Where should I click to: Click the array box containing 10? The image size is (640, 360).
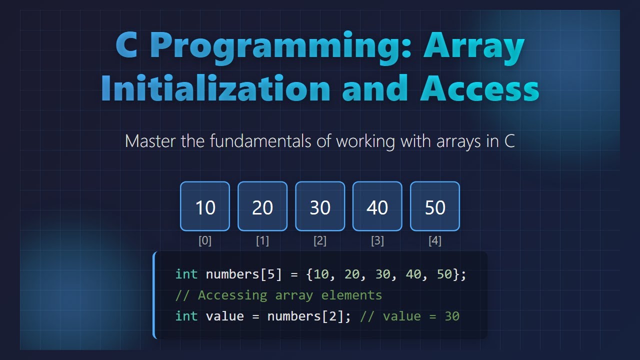click(x=205, y=206)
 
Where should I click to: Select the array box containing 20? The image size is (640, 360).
click(x=262, y=206)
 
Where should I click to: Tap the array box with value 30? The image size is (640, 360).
click(x=320, y=206)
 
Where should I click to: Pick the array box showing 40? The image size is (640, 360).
click(x=377, y=206)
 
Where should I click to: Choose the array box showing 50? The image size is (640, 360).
click(x=435, y=206)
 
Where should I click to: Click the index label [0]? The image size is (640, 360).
click(x=205, y=241)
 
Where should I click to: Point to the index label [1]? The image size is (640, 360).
click(x=262, y=241)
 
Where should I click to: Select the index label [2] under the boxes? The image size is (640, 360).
click(x=320, y=241)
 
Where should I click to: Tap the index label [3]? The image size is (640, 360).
click(x=377, y=241)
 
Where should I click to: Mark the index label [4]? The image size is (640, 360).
click(x=435, y=241)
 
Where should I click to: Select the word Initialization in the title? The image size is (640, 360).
click(x=215, y=88)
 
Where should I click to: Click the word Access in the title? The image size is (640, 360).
click(x=479, y=88)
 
